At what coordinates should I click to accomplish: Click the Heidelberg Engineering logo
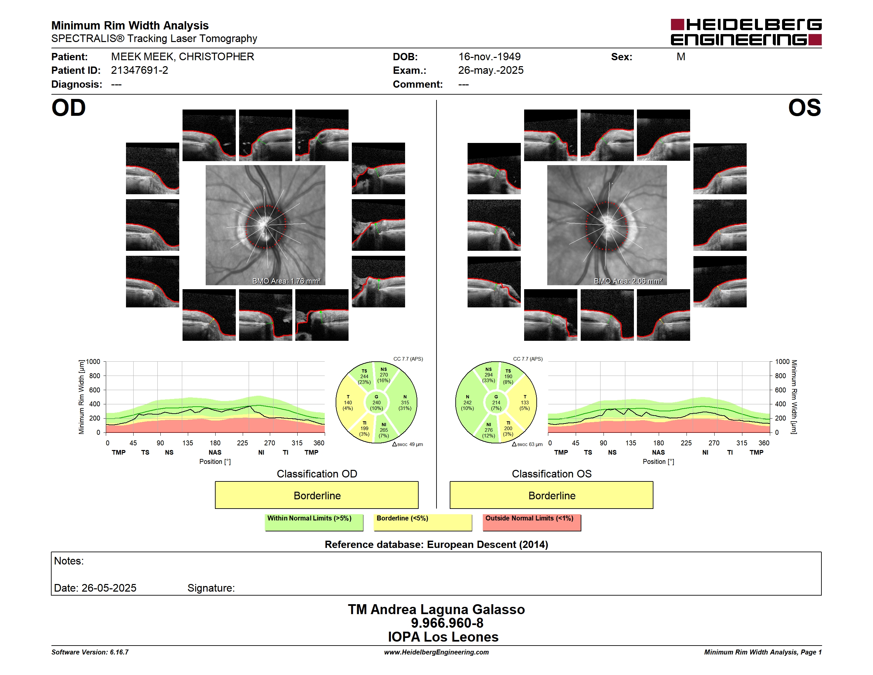coord(746,32)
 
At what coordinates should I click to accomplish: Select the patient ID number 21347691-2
coord(140,70)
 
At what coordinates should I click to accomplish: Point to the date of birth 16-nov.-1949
coord(489,57)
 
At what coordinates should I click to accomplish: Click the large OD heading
coord(69,108)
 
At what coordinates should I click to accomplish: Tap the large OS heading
coord(804,108)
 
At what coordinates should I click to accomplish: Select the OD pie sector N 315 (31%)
coord(405,402)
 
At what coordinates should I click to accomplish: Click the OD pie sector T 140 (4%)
coord(348,402)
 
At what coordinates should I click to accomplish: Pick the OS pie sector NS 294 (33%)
coord(488,375)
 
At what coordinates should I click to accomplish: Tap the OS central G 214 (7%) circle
coord(496,403)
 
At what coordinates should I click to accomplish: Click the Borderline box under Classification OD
coord(316,495)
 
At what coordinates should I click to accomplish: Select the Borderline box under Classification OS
coord(551,495)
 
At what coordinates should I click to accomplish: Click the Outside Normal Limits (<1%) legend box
coord(532,522)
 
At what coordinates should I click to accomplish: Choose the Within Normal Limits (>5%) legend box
coord(314,522)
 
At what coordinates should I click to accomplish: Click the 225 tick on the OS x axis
coord(686,443)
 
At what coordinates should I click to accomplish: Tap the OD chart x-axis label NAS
coord(215,452)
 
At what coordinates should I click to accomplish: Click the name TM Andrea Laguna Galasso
coord(436,609)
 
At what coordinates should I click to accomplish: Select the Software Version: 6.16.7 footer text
coord(90,652)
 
